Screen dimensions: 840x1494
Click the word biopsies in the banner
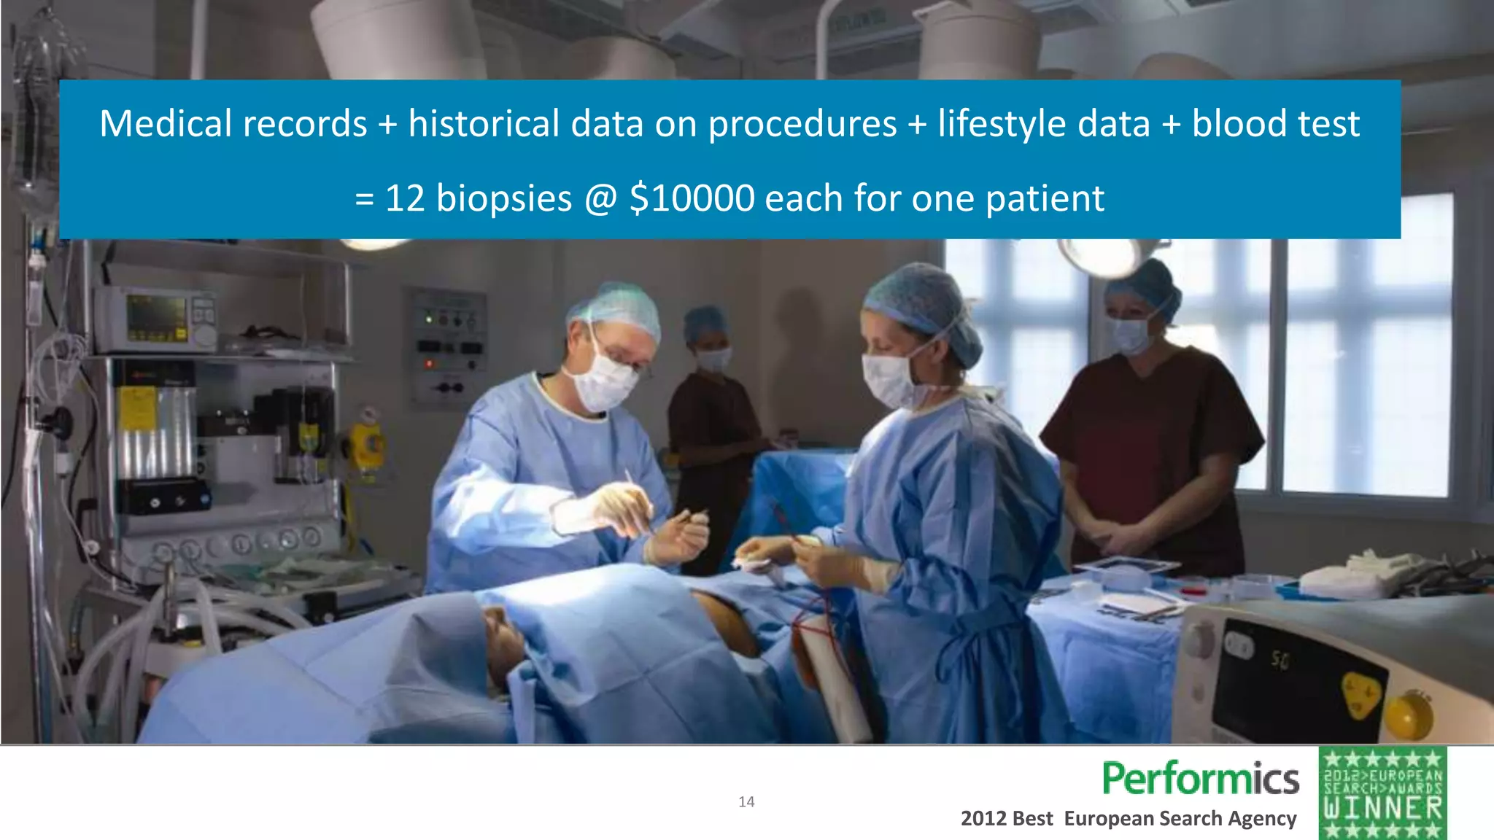[x=503, y=199]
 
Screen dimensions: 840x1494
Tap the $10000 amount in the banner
[x=692, y=198]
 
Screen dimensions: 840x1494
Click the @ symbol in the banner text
[x=600, y=198]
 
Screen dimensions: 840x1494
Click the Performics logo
[x=1200, y=779]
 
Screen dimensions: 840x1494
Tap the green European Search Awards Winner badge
[x=1382, y=793]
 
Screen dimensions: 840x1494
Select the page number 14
[x=746, y=802]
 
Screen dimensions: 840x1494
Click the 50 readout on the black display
[x=1280, y=661]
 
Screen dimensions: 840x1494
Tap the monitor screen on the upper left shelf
[x=155, y=315]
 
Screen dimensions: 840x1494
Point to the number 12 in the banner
[x=405, y=198]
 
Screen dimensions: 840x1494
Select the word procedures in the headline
[x=802, y=123]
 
